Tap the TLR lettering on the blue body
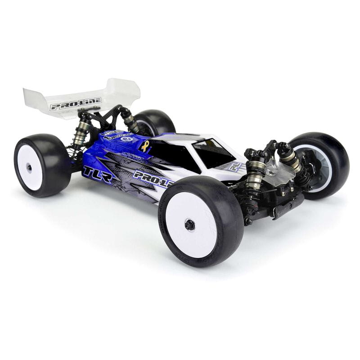pyautogui.click(x=97, y=174)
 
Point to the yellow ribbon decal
pyautogui.click(x=145, y=145)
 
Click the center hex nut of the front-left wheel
pyautogui.click(x=190, y=225)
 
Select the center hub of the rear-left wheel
pyautogui.click(x=29, y=167)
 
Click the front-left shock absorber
pyautogui.click(x=254, y=173)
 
